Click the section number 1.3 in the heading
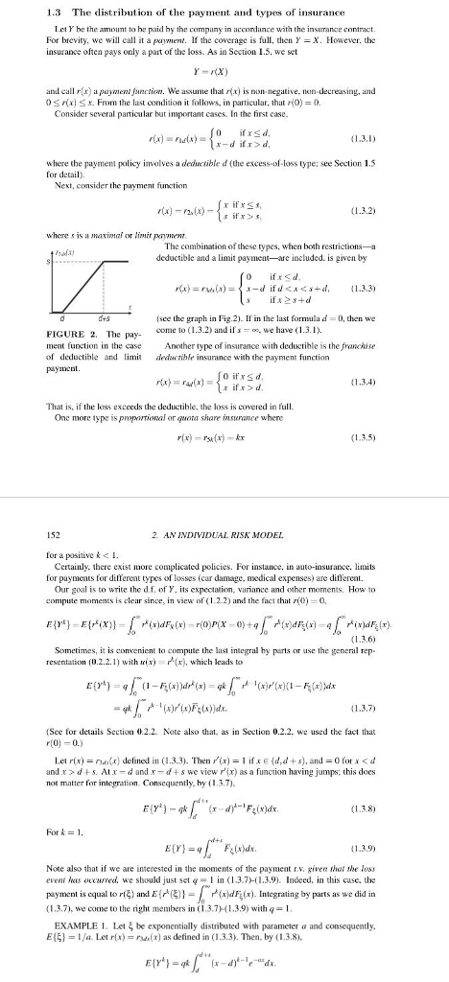point(31,12)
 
